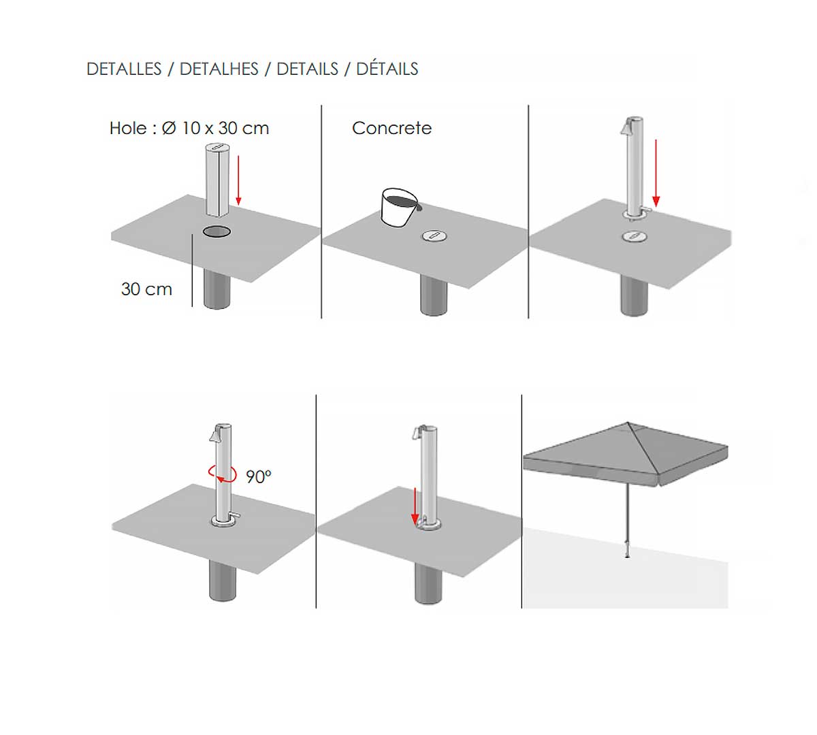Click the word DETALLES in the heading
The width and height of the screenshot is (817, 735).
tap(124, 69)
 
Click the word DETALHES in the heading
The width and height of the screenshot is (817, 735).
tap(219, 69)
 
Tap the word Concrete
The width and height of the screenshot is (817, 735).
tap(391, 128)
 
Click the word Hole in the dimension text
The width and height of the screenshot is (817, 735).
tap(128, 128)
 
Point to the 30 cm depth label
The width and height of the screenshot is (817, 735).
tap(146, 289)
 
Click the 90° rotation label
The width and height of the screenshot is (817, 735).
tap(259, 476)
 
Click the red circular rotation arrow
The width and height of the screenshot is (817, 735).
tap(223, 474)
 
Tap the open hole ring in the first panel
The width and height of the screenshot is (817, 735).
tap(217, 231)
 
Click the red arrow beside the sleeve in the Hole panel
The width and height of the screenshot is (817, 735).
tap(239, 180)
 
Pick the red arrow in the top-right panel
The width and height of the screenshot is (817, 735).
tap(656, 173)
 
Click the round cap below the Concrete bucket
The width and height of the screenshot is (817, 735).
tap(434, 235)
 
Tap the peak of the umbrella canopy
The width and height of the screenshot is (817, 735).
tap(627, 423)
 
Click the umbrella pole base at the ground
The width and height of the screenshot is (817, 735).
tap(628, 555)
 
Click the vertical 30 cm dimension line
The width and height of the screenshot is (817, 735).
tap(192, 270)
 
